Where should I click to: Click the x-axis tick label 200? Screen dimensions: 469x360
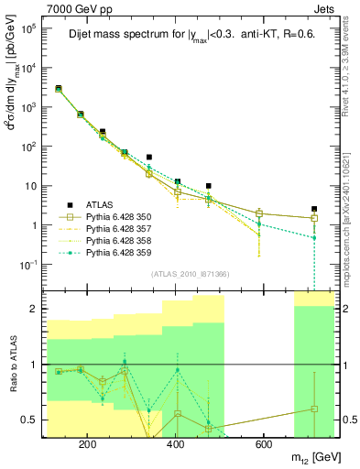tap(87, 444)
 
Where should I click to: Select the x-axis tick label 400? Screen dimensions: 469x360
tap(175, 444)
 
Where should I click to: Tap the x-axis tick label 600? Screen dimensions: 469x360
tap(263, 444)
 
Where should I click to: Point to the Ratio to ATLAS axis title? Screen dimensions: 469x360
tap(14, 364)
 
